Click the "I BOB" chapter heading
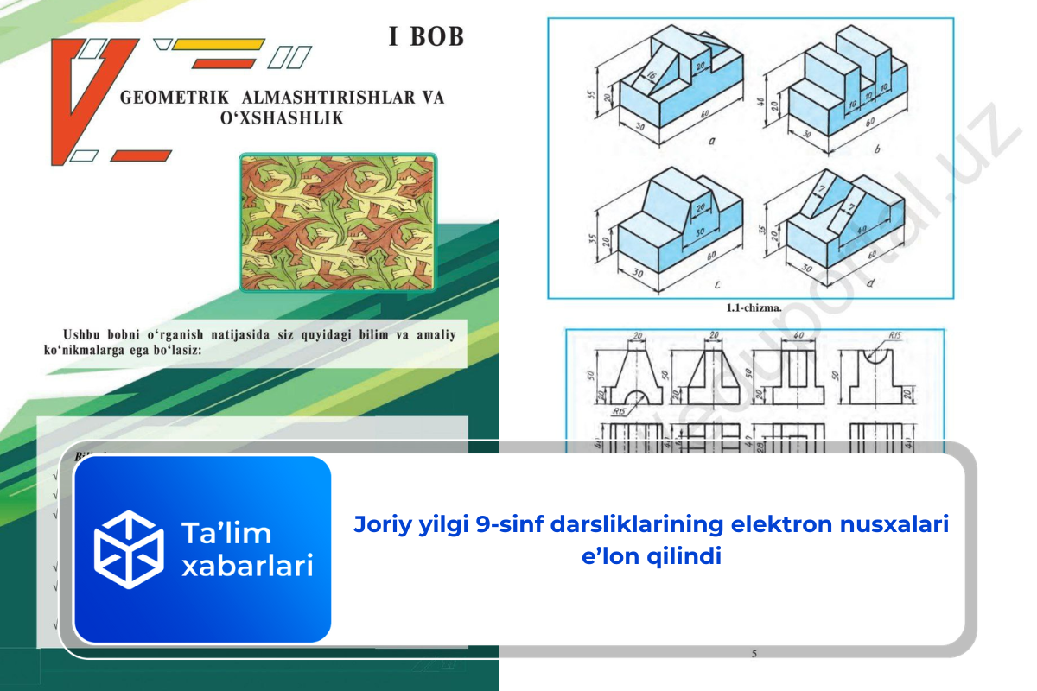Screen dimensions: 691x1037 (425, 36)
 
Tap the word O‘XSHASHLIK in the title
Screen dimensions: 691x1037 (282, 118)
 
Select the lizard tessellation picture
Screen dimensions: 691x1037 (337, 223)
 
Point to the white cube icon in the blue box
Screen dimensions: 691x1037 (129, 549)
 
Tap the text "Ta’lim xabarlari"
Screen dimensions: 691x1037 (246, 549)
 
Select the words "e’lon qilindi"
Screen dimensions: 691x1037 (652, 557)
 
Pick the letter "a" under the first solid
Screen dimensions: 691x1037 (711, 138)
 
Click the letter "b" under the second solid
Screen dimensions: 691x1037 (878, 149)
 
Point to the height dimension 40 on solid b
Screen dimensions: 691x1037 (761, 89)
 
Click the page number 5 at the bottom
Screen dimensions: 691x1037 (754, 654)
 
